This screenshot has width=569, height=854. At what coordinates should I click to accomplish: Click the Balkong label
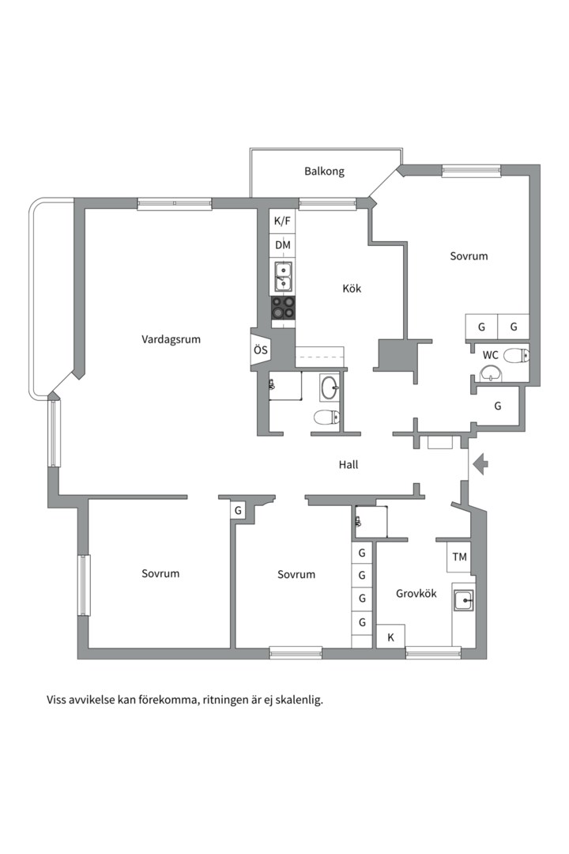[324, 172]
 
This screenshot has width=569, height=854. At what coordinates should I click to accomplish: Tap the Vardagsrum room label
[171, 339]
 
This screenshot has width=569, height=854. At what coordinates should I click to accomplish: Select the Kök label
[352, 288]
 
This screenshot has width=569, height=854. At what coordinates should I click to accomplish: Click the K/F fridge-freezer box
[283, 221]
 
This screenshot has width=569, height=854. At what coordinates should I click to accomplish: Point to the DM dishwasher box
[283, 245]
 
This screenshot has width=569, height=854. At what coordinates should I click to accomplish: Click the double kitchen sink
[283, 277]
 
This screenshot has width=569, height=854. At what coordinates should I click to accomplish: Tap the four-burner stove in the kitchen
[283, 308]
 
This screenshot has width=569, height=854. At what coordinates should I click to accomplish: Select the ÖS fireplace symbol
[260, 350]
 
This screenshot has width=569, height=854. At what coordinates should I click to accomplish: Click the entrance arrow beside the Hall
[480, 465]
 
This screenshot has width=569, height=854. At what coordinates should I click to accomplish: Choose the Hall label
[349, 465]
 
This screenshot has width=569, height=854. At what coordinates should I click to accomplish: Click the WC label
[490, 355]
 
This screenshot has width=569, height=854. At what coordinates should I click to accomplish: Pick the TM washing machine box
[459, 557]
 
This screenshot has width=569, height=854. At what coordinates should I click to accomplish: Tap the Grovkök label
[416, 594]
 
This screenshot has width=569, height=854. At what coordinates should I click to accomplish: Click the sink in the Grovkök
[464, 601]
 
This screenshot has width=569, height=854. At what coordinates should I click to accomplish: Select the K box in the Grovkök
[390, 637]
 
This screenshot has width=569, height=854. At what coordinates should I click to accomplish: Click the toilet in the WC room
[516, 356]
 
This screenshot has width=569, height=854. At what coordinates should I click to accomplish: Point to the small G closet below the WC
[497, 406]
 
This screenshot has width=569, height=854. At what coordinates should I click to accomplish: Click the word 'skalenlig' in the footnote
[299, 700]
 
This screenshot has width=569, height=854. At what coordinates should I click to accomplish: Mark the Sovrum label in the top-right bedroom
[469, 256]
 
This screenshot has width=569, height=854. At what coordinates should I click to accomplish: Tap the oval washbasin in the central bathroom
[330, 387]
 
